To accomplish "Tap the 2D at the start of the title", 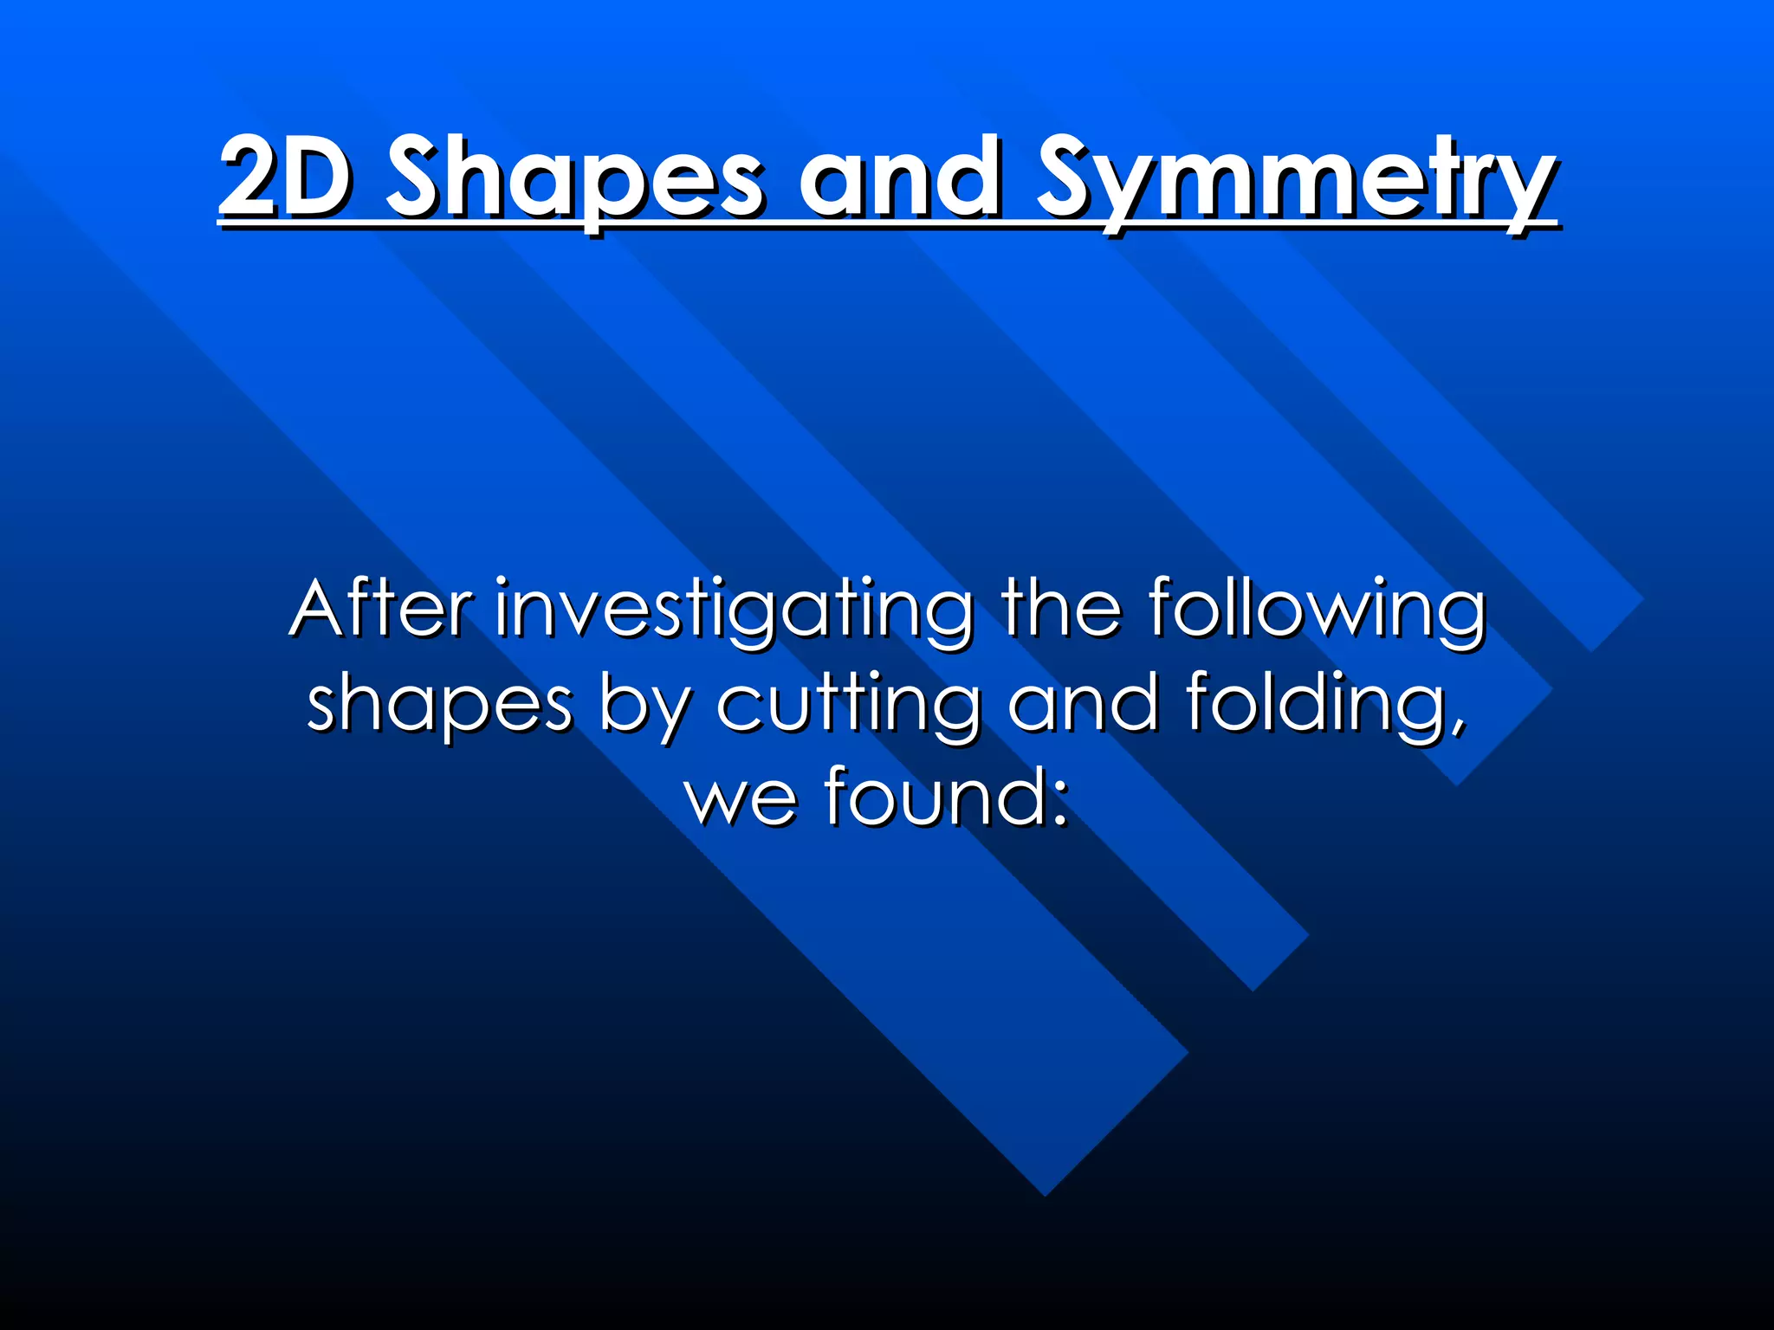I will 285,178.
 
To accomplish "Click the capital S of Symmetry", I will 1073,178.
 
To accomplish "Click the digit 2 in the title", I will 251,178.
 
